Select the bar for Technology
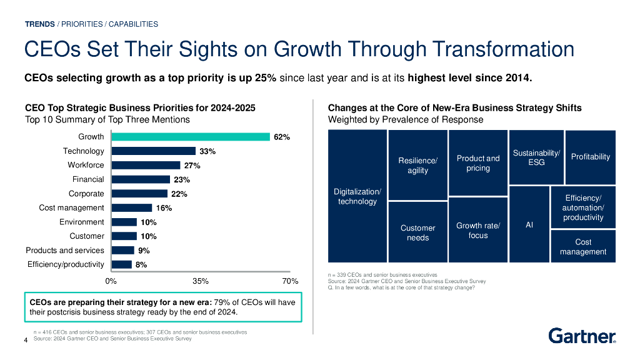tap(153, 151)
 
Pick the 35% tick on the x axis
tap(201, 281)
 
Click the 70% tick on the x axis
tap(290, 281)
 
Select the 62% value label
tap(282, 137)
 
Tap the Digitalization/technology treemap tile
tap(357, 196)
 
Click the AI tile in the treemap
tap(529, 224)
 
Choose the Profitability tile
tap(590, 156)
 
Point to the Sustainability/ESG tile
tap(536, 157)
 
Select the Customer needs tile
tap(417, 232)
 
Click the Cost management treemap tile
tap(582, 246)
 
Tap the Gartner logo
tap(582, 336)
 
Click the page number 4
tap(26, 340)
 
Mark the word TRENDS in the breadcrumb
tap(39, 24)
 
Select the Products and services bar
tap(122, 250)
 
